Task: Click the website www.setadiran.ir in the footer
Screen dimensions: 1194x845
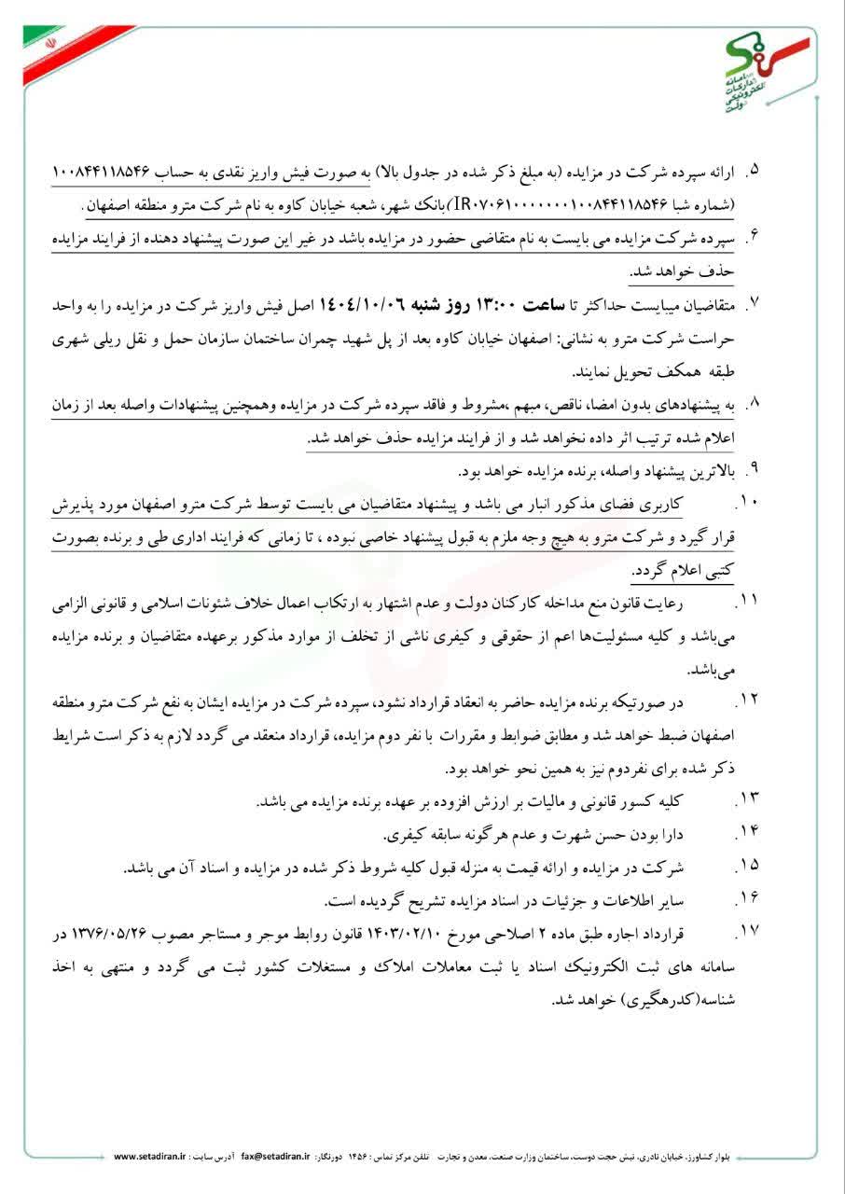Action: [150, 1156]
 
